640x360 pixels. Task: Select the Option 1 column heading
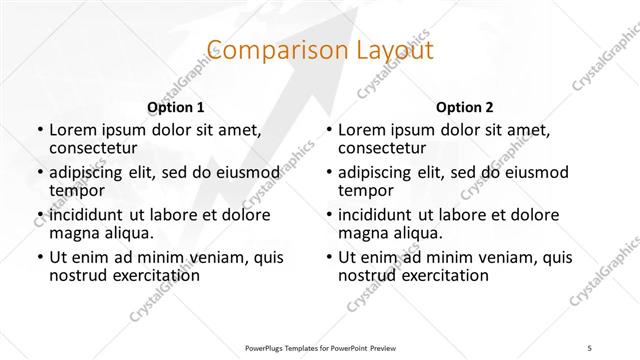pos(176,107)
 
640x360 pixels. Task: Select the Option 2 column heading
pos(464,107)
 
